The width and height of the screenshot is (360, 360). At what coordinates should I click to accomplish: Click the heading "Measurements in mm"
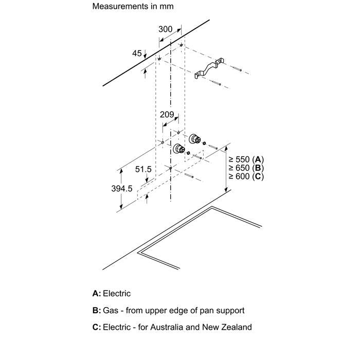(133, 7)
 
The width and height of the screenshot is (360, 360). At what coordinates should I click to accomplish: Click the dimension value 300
(165, 30)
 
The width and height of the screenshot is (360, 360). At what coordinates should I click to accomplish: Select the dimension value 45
(137, 53)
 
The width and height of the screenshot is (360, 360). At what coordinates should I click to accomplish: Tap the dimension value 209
(167, 115)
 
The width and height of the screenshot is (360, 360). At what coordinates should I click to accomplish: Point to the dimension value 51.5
(143, 169)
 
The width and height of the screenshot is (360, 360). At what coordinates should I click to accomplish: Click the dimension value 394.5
(122, 189)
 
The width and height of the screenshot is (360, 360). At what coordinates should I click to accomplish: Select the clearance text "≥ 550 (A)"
(246, 159)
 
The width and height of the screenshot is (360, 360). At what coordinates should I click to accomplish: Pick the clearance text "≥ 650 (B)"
(246, 168)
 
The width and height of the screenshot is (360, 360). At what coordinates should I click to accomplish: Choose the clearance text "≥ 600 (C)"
(246, 176)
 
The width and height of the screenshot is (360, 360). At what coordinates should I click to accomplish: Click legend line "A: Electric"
(112, 294)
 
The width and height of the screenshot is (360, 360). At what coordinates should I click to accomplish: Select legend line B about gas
(168, 311)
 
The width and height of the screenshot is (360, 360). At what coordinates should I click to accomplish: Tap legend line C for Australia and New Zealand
(172, 327)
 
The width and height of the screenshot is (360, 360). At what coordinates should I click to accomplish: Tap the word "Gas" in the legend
(110, 311)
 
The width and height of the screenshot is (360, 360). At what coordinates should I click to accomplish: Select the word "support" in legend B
(229, 311)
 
